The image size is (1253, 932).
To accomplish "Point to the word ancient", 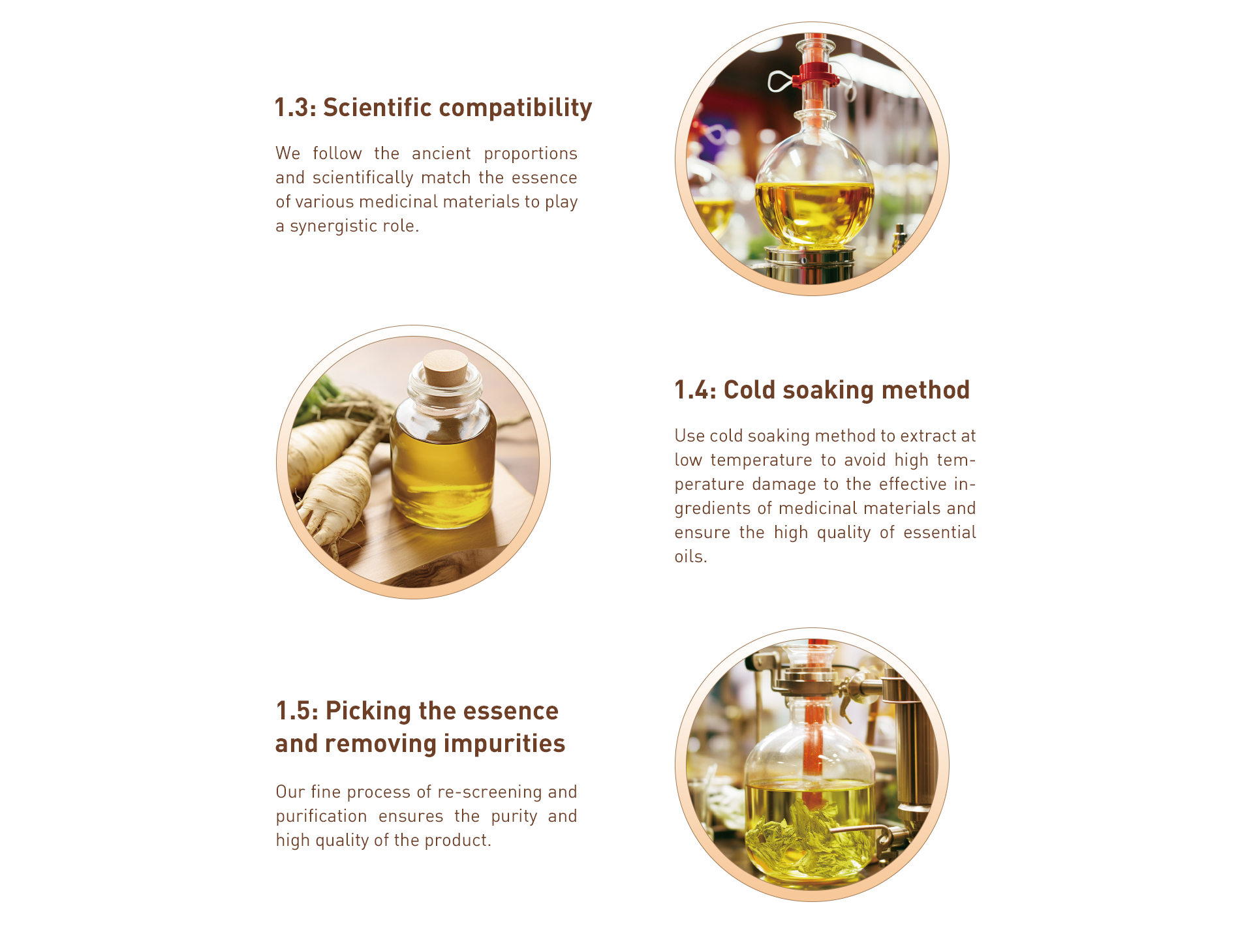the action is point(441,153).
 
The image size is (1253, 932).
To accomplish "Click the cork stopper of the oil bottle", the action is point(446,368).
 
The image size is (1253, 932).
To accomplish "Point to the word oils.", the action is point(690,556).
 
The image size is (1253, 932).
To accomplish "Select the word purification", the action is point(321,817).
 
